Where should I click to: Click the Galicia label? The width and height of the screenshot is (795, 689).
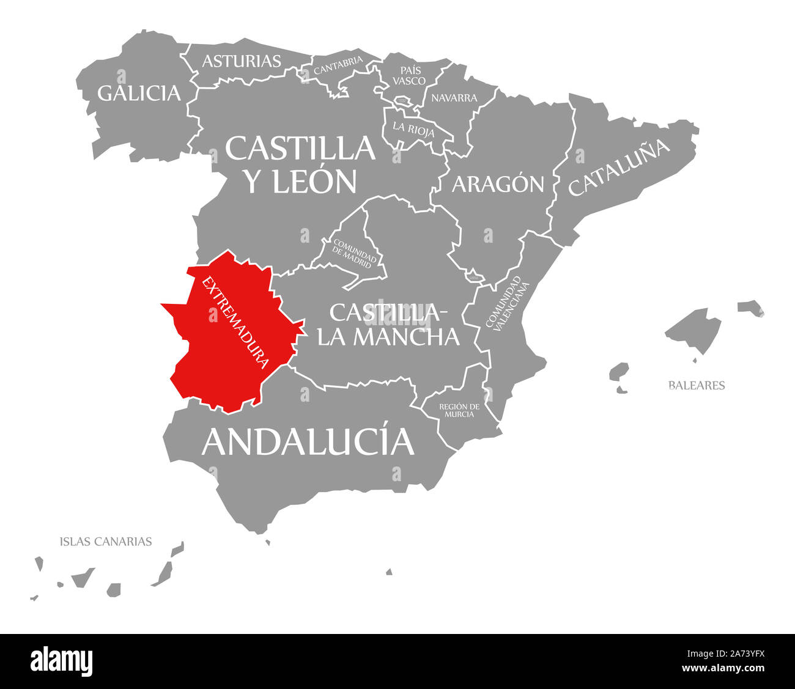[139, 93]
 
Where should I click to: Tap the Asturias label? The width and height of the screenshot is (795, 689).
[242, 61]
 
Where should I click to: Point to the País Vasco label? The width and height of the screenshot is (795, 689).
[409, 75]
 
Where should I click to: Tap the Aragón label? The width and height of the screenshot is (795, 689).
[497, 183]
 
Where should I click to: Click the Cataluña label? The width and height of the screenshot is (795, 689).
[619, 166]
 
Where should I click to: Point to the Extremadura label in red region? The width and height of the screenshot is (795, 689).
[235, 322]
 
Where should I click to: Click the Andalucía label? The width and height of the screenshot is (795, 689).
[308, 441]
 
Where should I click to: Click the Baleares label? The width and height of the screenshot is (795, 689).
[696, 385]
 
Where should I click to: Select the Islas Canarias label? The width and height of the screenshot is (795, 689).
[106, 541]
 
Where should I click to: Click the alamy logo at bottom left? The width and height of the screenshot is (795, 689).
[62, 660]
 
